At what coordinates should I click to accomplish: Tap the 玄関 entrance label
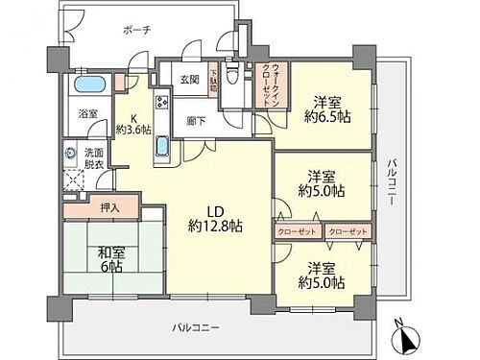pyautogui.click(x=190, y=80)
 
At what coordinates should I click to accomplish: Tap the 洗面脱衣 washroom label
pyautogui.click(x=94, y=158)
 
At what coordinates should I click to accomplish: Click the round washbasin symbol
pyautogui.click(x=70, y=152)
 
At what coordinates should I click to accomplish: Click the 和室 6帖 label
pyautogui.click(x=112, y=259)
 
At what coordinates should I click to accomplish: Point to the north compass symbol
pyautogui.click(x=407, y=339)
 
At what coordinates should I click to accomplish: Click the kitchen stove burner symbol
pyautogui.click(x=160, y=101)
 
